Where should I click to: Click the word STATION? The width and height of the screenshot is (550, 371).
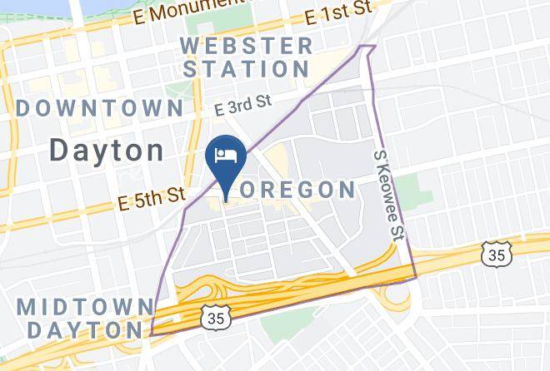248,68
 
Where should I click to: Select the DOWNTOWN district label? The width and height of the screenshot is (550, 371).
99,108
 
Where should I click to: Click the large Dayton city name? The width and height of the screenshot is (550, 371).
106,151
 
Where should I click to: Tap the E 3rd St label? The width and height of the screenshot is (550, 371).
243,107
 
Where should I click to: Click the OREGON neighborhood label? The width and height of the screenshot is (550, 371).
298,190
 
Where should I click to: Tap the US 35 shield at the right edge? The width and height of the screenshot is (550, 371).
497,254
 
